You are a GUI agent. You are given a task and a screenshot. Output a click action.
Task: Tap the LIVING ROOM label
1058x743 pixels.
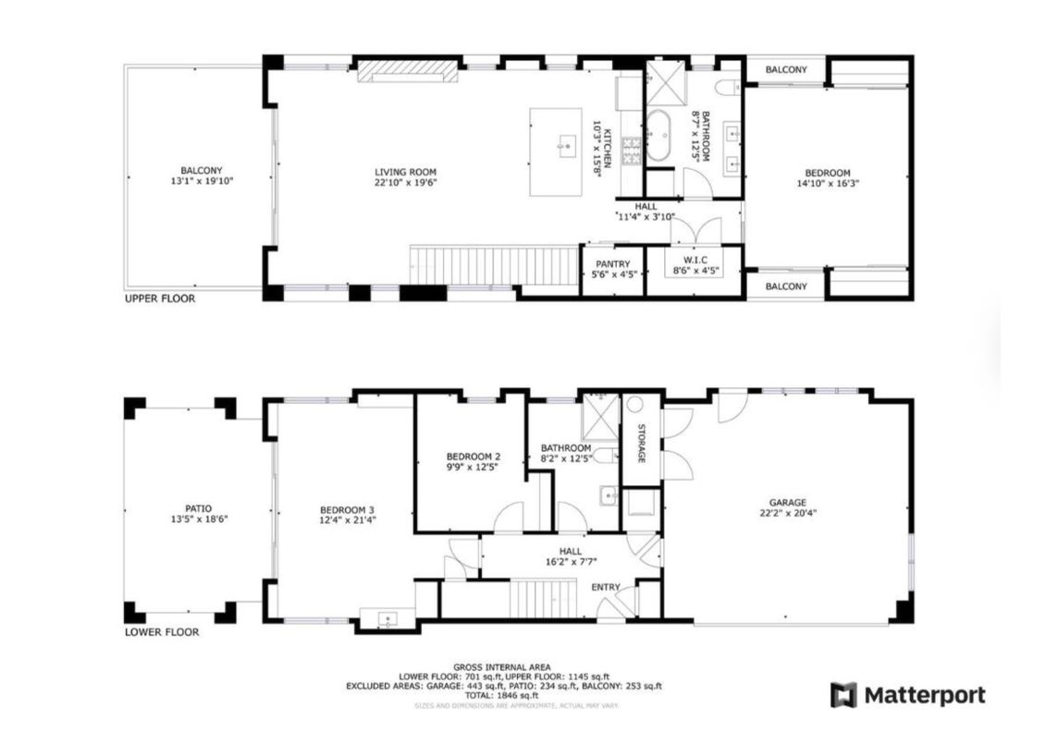[x=405, y=172]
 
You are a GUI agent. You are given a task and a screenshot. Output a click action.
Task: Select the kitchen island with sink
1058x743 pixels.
[x=556, y=152]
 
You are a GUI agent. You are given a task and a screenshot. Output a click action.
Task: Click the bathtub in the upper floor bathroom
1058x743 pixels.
[x=661, y=136]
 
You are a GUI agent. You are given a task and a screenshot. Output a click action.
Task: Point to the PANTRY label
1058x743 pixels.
[x=611, y=263]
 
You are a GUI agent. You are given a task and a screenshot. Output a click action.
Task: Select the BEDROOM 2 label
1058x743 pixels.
[x=473, y=457]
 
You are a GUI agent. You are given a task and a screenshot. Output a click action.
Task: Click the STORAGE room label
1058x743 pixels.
[x=640, y=444]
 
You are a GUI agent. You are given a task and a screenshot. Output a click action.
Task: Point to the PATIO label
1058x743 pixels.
[x=198, y=508]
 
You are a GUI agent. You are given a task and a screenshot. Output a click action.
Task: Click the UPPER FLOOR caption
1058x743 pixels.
[x=160, y=299]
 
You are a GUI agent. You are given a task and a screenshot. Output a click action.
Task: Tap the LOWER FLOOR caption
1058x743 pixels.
[x=162, y=633]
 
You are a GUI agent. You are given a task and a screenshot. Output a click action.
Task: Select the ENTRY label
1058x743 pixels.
[x=607, y=588]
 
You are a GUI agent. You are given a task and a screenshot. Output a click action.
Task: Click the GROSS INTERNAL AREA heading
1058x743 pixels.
[x=503, y=667]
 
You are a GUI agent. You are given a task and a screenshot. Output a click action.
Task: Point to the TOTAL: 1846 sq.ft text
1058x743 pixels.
[x=503, y=696]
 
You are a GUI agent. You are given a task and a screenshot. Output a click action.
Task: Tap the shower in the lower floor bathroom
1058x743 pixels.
[x=597, y=419]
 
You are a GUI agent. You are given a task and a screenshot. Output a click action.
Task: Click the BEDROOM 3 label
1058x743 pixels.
[x=347, y=510]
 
